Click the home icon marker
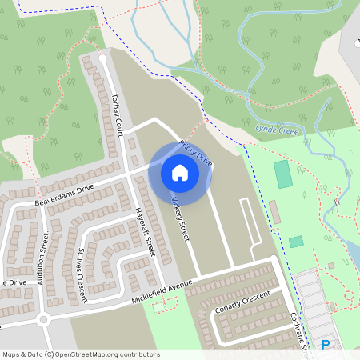pyautogui.click(x=180, y=172)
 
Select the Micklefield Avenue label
pyautogui.click(x=164, y=291)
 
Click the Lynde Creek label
pyautogui.click(x=276, y=129)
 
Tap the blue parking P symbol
pyautogui.click(x=326, y=345)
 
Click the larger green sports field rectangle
pyautogui.click(x=282, y=174)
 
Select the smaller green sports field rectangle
pyautogui.click(x=296, y=241)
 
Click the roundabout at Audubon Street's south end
pyautogui.click(x=44, y=318)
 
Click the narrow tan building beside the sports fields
pyautogui.click(x=274, y=212)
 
